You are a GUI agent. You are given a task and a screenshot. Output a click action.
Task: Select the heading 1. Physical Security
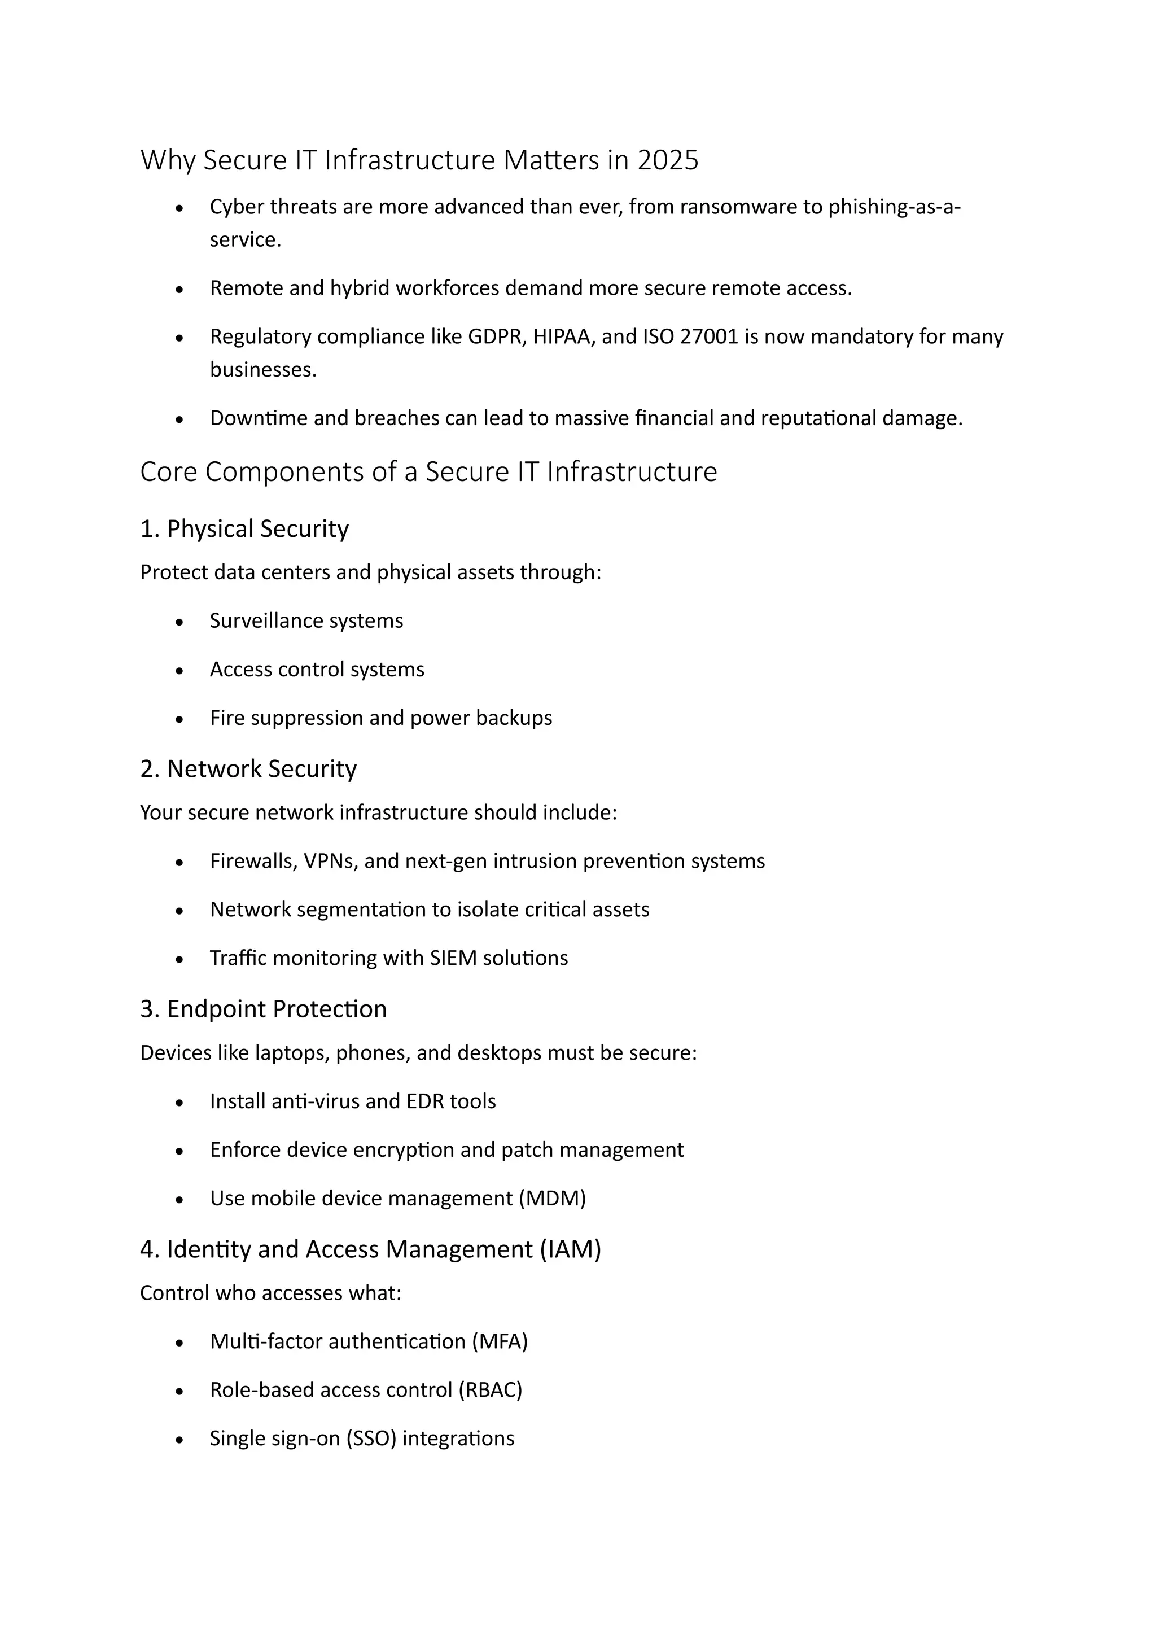[x=244, y=529]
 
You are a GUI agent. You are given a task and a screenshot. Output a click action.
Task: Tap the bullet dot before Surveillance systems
[x=179, y=622]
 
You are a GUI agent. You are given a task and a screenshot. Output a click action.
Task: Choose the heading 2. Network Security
[x=248, y=769]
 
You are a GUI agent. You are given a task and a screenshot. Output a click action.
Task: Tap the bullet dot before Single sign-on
[x=179, y=1440]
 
